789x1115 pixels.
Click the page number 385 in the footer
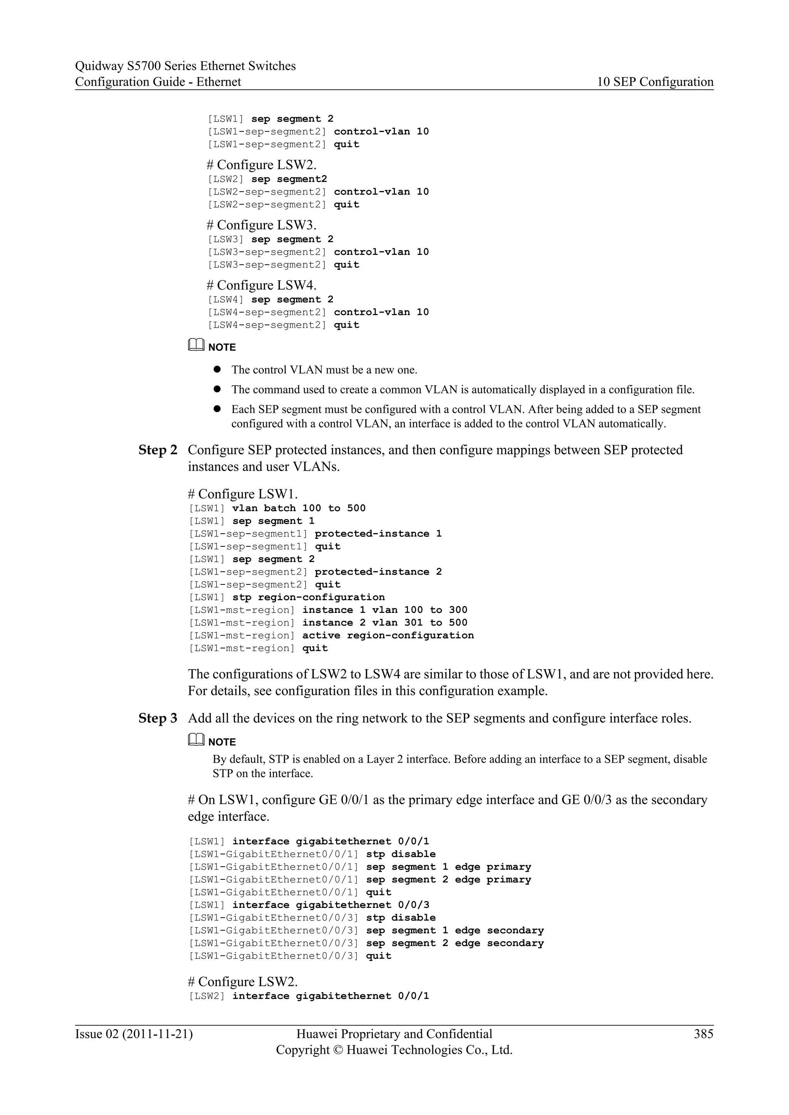click(x=703, y=1034)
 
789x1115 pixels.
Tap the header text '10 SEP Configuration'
click(x=655, y=82)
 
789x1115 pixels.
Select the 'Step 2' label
click(x=158, y=450)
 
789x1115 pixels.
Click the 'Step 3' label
click(x=158, y=718)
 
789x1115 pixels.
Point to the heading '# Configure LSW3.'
click(x=261, y=225)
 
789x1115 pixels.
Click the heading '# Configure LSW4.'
click(x=261, y=286)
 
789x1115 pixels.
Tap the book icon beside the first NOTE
click(x=196, y=346)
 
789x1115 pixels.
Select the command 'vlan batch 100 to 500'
click(x=299, y=509)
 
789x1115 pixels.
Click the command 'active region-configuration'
click(x=388, y=636)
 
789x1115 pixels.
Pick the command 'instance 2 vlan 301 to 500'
click(x=385, y=623)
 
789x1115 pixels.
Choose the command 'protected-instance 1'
click(x=378, y=534)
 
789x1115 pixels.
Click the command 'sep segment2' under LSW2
click(x=289, y=179)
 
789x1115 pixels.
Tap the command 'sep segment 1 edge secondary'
click(x=455, y=931)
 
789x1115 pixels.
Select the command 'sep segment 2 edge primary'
click(x=448, y=879)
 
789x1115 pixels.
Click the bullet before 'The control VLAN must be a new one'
click(x=217, y=370)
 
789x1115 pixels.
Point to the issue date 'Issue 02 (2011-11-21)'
click(x=134, y=1034)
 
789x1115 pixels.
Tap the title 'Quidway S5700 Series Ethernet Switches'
click(x=185, y=66)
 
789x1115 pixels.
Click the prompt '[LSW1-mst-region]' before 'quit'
click(x=242, y=648)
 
